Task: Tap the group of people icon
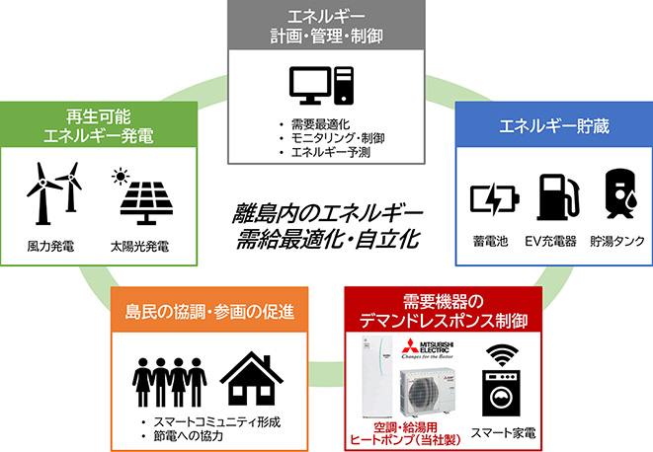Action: click(168, 380)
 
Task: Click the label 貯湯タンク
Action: click(616, 241)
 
